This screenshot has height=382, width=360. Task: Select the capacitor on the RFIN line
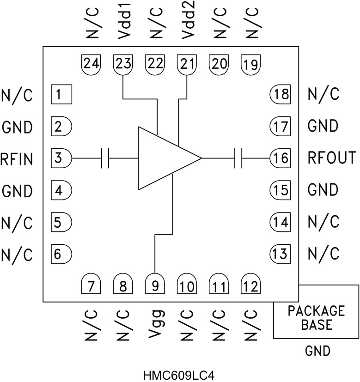pyautogui.click(x=105, y=158)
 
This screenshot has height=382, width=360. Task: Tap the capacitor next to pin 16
pyautogui.click(x=238, y=158)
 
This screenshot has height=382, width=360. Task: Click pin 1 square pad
pyautogui.click(x=61, y=95)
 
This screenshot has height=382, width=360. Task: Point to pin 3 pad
pyautogui.click(x=61, y=158)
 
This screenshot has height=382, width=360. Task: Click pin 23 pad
pyautogui.click(x=122, y=64)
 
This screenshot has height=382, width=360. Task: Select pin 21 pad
pyautogui.click(x=187, y=64)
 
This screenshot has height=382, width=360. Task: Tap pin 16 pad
pyautogui.click(x=280, y=158)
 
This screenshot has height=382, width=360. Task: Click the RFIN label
pyautogui.click(x=17, y=158)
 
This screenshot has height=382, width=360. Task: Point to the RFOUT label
pyautogui.click(x=332, y=158)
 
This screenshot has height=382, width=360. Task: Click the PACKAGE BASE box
pyautogui.click(x=316, y=312)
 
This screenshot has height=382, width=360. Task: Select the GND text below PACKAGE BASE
pyautogui.click(x=317, y=352)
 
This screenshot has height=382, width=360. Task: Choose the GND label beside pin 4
pyautogui.click(x=17, y=190)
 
